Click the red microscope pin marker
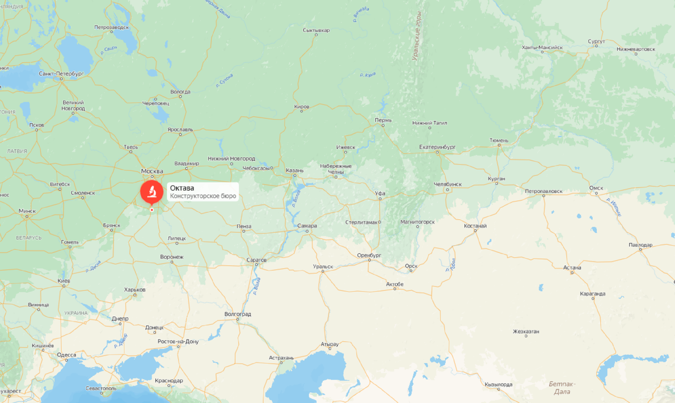tap(151, 192)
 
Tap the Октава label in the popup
tap(181, 188)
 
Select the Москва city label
tap(152, 171)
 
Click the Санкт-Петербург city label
tap(61, 74)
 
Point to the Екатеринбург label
tap(437, 147)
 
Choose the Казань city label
tap(295, 170)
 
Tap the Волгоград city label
tap(237, 314)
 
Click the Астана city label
tap(572, 268)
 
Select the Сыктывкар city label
tap(316, 30)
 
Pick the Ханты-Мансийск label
tap(542, 48)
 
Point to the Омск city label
tap(596, 188)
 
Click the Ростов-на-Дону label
tap(178, 341)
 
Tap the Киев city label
tap(64, 280)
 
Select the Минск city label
tap(27, 211)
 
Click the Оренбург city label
tap(369, 255)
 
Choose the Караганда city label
tap(592, 293)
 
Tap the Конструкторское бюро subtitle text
tap(203, 196)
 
